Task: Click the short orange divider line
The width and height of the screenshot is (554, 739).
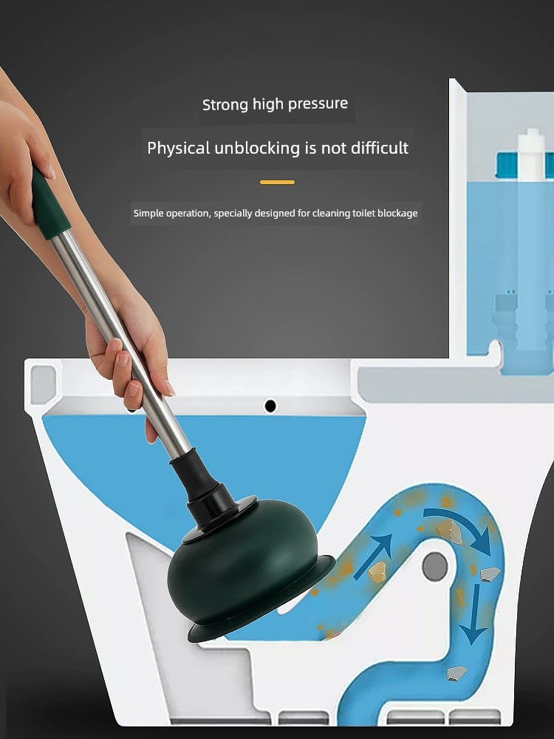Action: pyautogui.click(x=277, y=182)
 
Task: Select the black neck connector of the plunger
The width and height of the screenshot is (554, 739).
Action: pyautogui.click(x=202, y=483)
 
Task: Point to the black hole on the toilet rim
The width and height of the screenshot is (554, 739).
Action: pyautogui.click(x=270, y=405)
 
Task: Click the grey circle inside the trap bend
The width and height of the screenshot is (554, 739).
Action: pyautogui.click(x=434, y=566)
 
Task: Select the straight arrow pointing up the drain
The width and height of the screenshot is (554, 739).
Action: pyautogui.click(x=373, y=556)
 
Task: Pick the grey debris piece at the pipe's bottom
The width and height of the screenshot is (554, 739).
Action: pyautogui.click(x=456, y=673)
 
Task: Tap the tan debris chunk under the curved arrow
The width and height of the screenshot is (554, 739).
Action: pyautogui.click(x=449, y=531)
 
